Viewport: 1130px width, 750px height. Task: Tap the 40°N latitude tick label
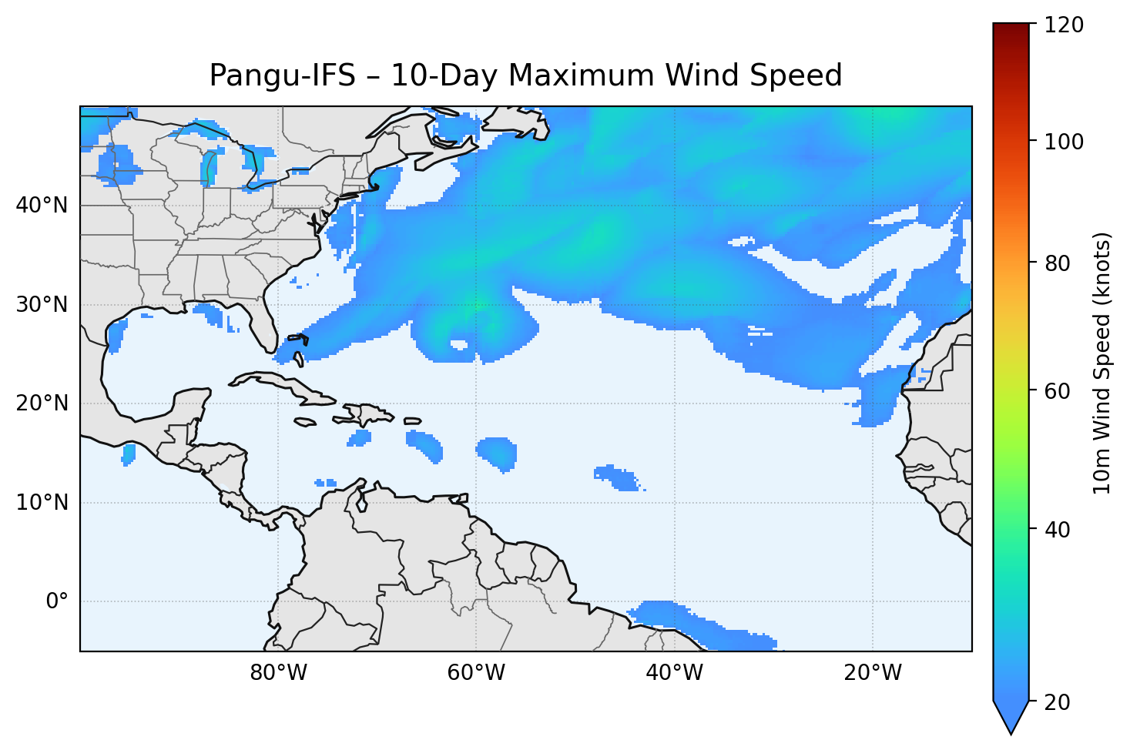pos(42,206)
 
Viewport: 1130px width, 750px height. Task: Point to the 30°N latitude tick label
pos(42,305)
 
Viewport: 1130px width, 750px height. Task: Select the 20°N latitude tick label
pos(42,403)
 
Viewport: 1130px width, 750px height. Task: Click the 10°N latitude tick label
pos(42,503)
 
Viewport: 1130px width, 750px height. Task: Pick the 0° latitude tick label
pos(57,601)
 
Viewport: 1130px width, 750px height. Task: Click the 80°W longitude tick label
pos(278,673)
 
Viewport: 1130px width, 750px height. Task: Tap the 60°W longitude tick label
pos(476,673)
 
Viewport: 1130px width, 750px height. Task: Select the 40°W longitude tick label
pos(674,673)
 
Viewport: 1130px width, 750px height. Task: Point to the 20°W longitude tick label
pos(872,673)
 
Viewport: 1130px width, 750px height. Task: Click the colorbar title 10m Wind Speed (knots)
pos(1102,363)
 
